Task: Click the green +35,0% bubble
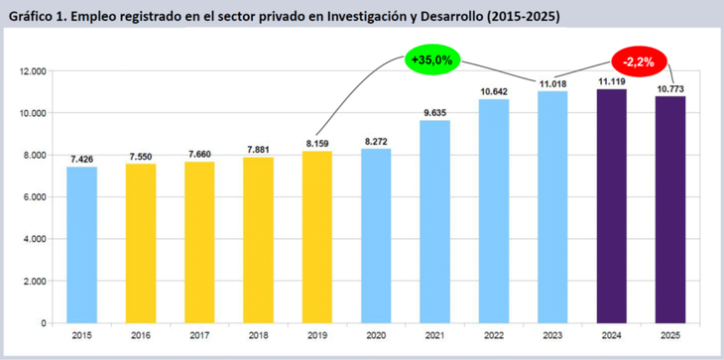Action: pos(430,60)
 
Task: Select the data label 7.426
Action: pos(82,159)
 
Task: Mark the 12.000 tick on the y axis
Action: pos(33,71)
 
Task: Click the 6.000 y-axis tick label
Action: pos(36,197)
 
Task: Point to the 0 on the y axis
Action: pos(45,323)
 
